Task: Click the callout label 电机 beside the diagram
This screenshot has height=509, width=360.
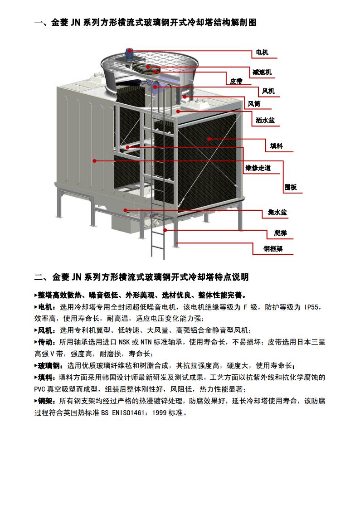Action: [262, 53]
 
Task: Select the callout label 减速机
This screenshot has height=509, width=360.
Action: [262, 73]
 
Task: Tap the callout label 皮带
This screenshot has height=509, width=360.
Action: [236, 81]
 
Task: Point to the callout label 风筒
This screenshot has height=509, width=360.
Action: [254, 104]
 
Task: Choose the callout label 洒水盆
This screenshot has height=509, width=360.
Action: [265, 121]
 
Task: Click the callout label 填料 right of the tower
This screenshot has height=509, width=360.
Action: [277, 146]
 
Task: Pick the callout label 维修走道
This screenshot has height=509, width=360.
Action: [258, 168]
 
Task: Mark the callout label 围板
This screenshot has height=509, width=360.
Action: [291, 187]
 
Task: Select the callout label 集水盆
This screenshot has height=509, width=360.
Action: [277, 213]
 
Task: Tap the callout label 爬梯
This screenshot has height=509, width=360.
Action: [281, 233]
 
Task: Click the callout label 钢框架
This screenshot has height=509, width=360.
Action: [273, 249]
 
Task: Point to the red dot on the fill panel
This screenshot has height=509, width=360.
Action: [209, 139]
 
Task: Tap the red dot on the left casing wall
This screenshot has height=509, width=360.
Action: [94, 161]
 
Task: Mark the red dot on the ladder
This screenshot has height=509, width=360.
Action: [165, 230]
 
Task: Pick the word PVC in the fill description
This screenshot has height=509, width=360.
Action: [39, 389]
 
